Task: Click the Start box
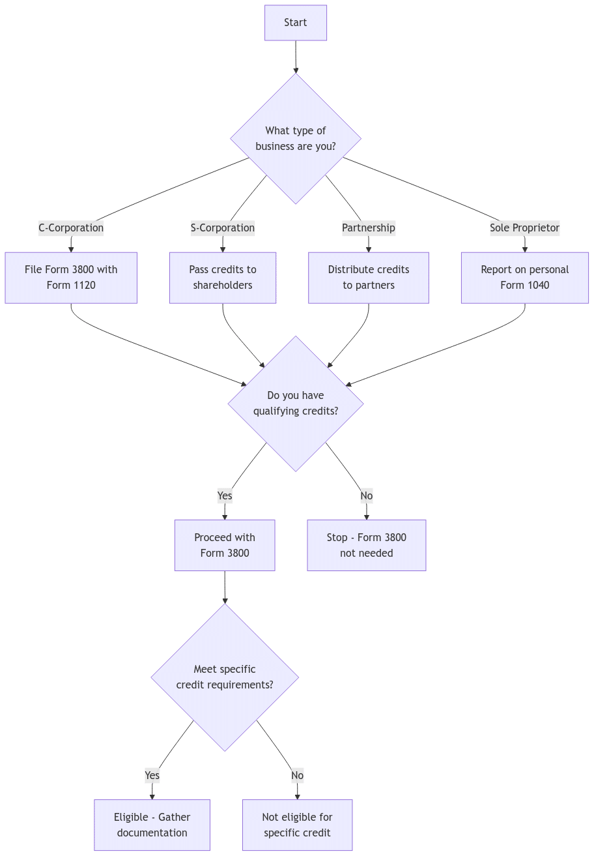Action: [x=295, y=23]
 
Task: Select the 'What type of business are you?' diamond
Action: [x=295, y=139]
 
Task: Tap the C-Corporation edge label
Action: [x=71, y=228]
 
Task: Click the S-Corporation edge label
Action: [x=222, y=228]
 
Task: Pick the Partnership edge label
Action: [x=369, y=228]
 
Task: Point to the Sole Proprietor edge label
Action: [x=524, y=228]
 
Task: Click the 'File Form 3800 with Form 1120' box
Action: [x=71, y=278]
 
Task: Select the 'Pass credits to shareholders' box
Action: [x=223, y=278]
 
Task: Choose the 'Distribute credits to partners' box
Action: [x=369, y=278]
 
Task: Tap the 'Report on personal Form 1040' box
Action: [x=524, y=278]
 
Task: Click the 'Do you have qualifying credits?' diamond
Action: [x=295, y=404]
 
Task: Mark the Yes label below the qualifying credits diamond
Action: [x=225, y=496]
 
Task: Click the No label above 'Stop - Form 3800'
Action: [x=367, y=496]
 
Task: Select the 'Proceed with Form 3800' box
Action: [x=225, y=546]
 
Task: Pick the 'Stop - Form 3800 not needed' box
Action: [x=367, y=546]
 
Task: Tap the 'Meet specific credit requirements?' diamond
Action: [x=225, y=677]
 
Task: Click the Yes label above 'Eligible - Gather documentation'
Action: [x=152, y=776]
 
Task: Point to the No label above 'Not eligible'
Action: [x=297, y=776]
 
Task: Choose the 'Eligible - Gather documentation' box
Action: [x=152, y=825]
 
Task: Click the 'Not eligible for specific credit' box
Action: [x=297, y=825]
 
